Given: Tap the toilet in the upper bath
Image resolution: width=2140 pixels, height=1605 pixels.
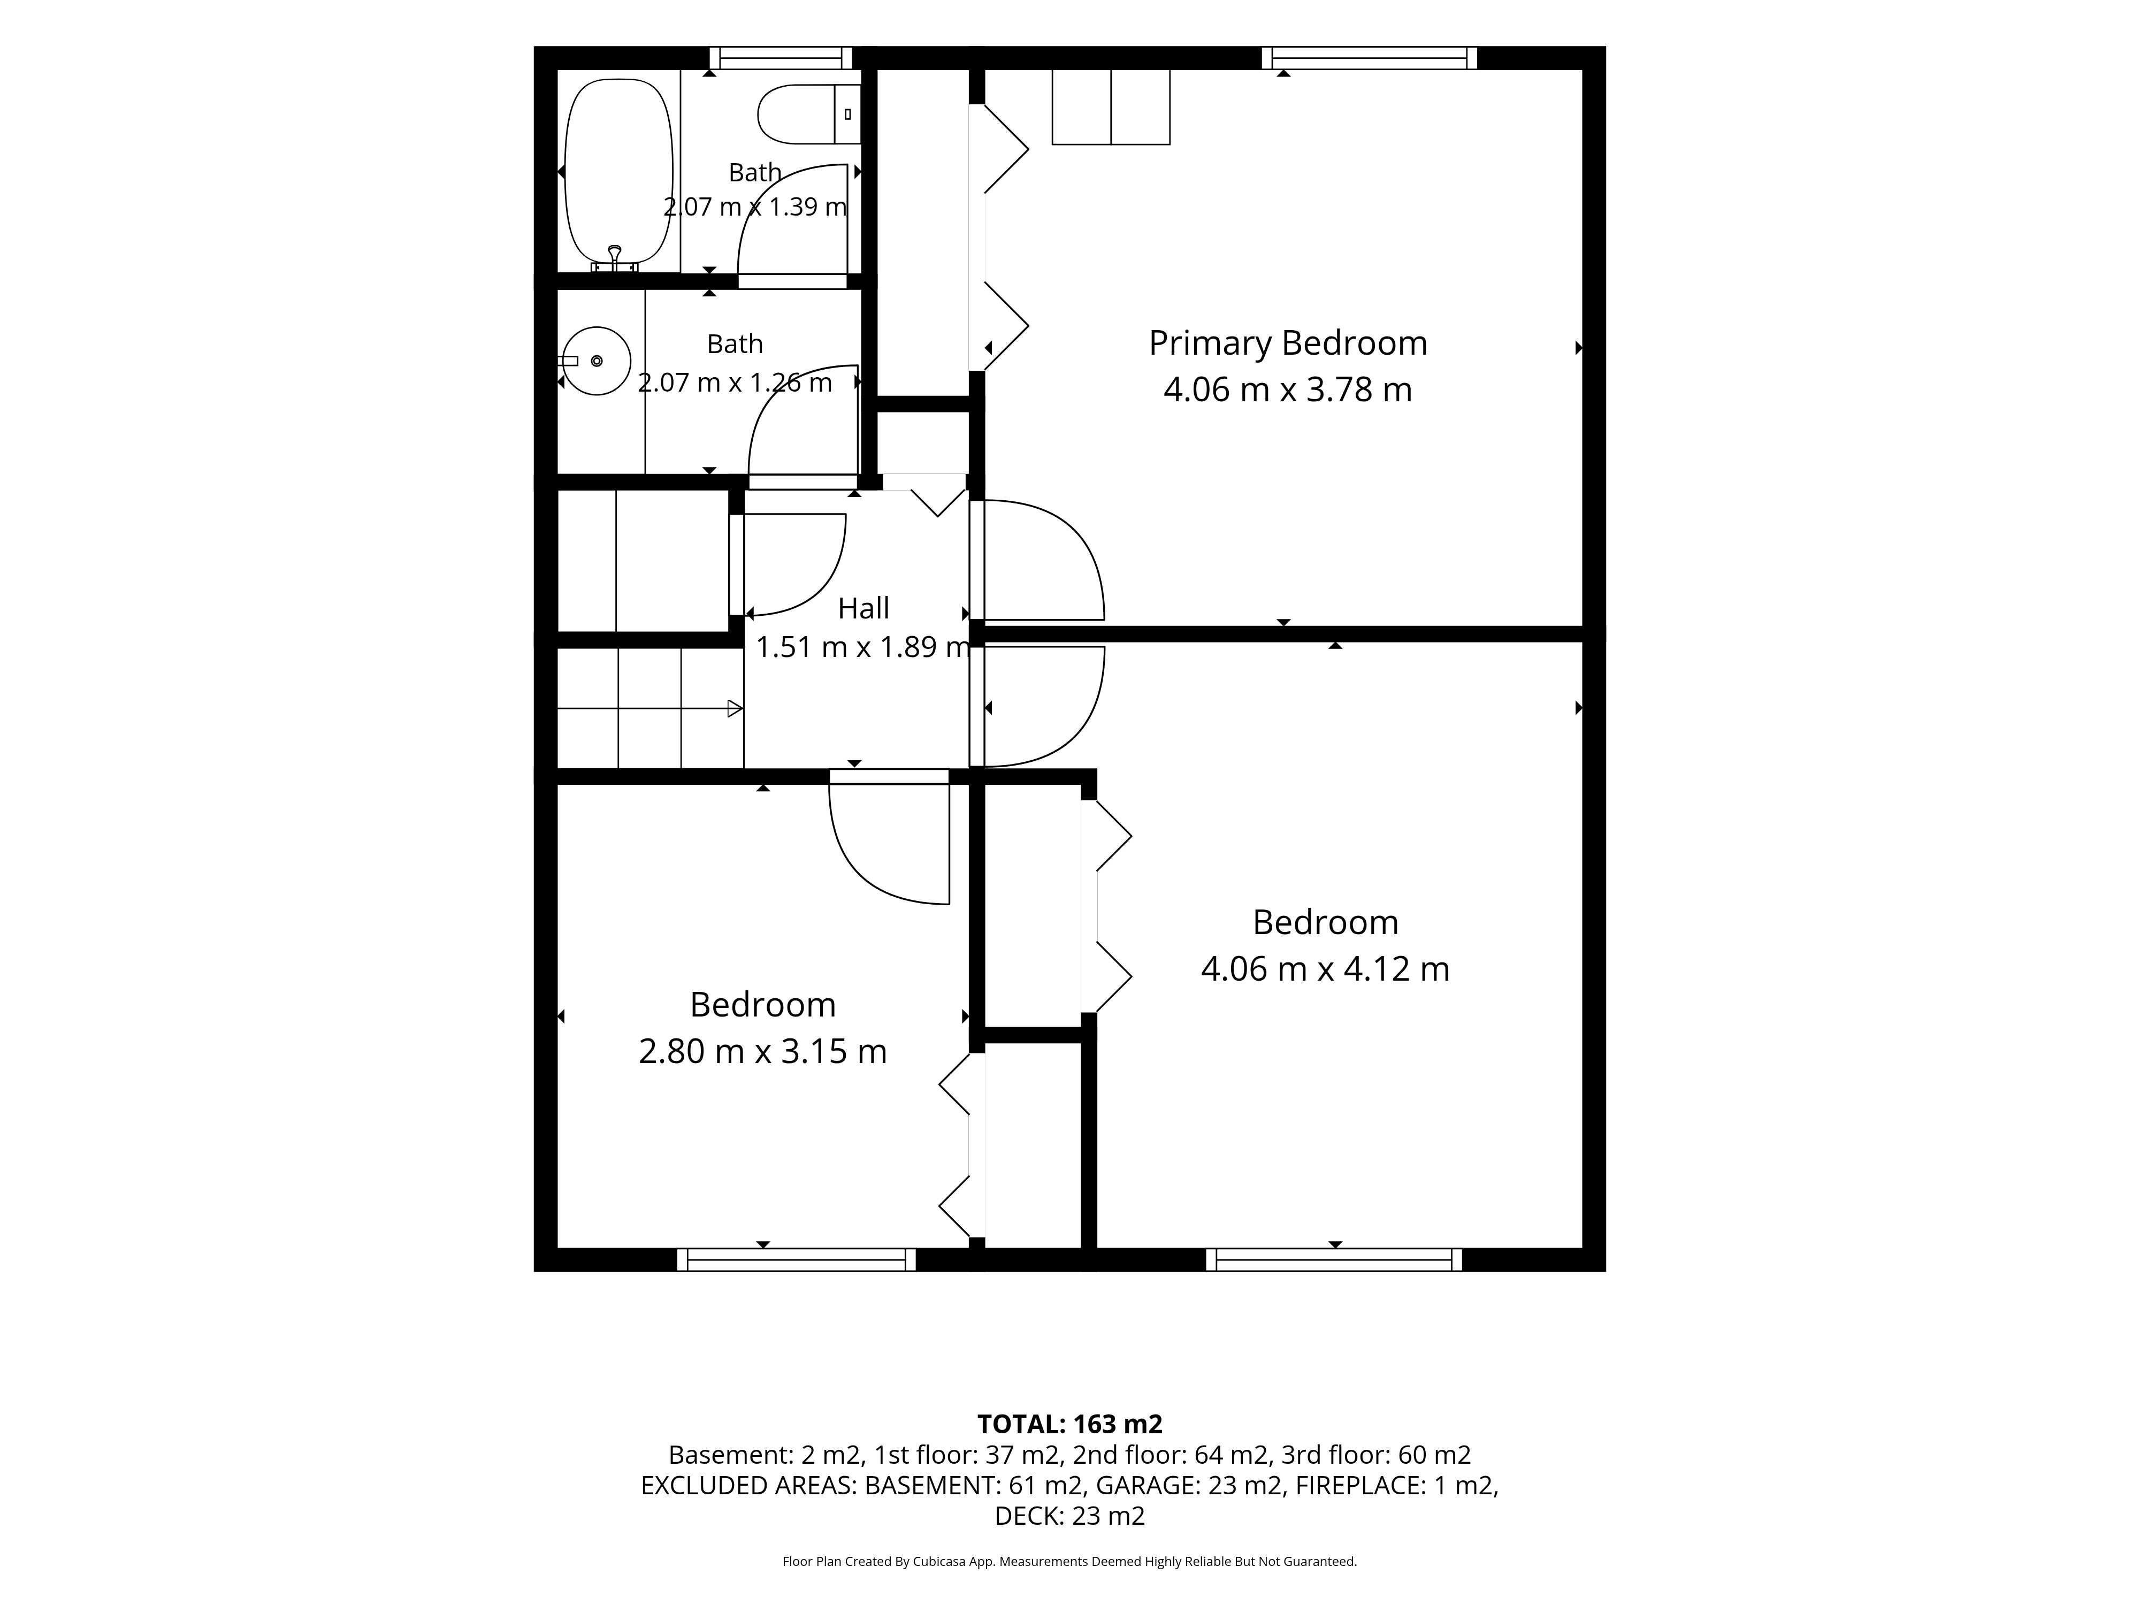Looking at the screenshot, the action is coord(809,114).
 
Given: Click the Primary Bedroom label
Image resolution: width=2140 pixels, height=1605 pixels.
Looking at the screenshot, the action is coord(1288,343).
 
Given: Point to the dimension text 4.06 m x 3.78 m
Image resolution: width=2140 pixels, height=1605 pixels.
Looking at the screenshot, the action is coord(1288,390).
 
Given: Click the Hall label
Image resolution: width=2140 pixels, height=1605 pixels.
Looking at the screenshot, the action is coord(863,608).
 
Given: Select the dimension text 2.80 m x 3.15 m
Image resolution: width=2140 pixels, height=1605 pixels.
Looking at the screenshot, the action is coord(762,1052).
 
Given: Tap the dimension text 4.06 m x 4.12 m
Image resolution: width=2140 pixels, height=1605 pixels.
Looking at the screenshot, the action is coord(1325,968).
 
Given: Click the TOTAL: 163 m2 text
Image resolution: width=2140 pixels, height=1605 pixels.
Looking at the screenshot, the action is coord(1070,1424).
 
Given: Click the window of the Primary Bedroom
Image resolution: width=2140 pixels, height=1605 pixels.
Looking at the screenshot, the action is coord(1370,58).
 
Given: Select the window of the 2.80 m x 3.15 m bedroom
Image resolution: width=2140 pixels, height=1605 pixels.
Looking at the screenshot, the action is coord(796,1259).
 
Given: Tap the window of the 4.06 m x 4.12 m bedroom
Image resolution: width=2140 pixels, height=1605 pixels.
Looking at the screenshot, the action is coord(1334,1259).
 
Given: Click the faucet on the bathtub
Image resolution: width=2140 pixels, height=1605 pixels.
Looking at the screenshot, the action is coord(614,256).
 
